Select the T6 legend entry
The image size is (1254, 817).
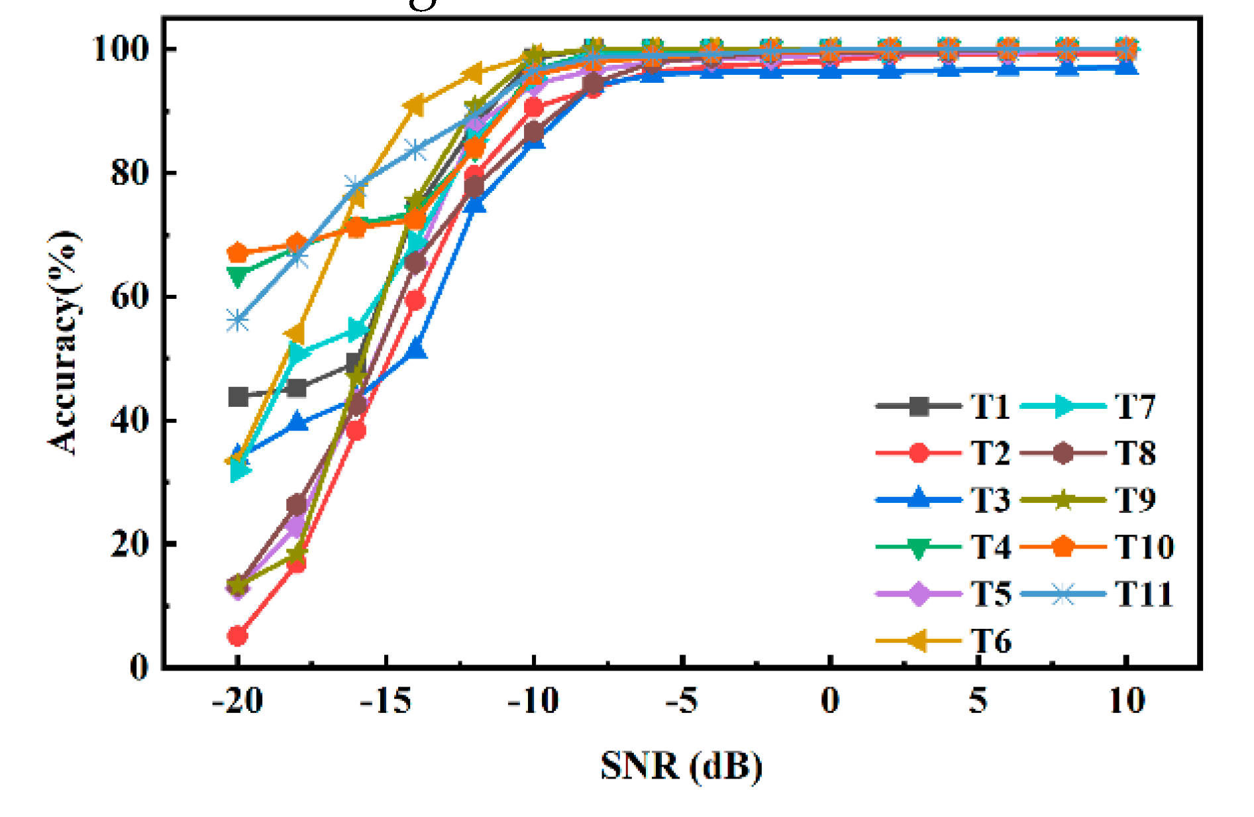coord(991,641)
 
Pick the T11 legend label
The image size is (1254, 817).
coord(1143,594)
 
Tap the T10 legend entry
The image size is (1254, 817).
coord(1144,547)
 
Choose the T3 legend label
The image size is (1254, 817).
coord(990,500)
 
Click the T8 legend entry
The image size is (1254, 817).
coord(1135,453)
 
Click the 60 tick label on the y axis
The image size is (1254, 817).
coord(129,296)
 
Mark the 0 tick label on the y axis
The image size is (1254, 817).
coord(138,666)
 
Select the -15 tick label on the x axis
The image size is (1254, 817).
coord(386,700)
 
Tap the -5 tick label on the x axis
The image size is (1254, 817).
coord(682,700)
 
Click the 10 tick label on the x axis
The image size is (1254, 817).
coord(1126,700)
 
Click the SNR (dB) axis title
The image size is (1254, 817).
coord(682,766)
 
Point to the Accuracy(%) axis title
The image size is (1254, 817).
coord(64,343)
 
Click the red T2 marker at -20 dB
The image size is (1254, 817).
coord(237,636)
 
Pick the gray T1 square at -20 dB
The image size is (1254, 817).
coord(238,397)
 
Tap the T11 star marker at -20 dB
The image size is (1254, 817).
coord(237,321)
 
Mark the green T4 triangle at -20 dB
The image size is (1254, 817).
coord(237,275)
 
